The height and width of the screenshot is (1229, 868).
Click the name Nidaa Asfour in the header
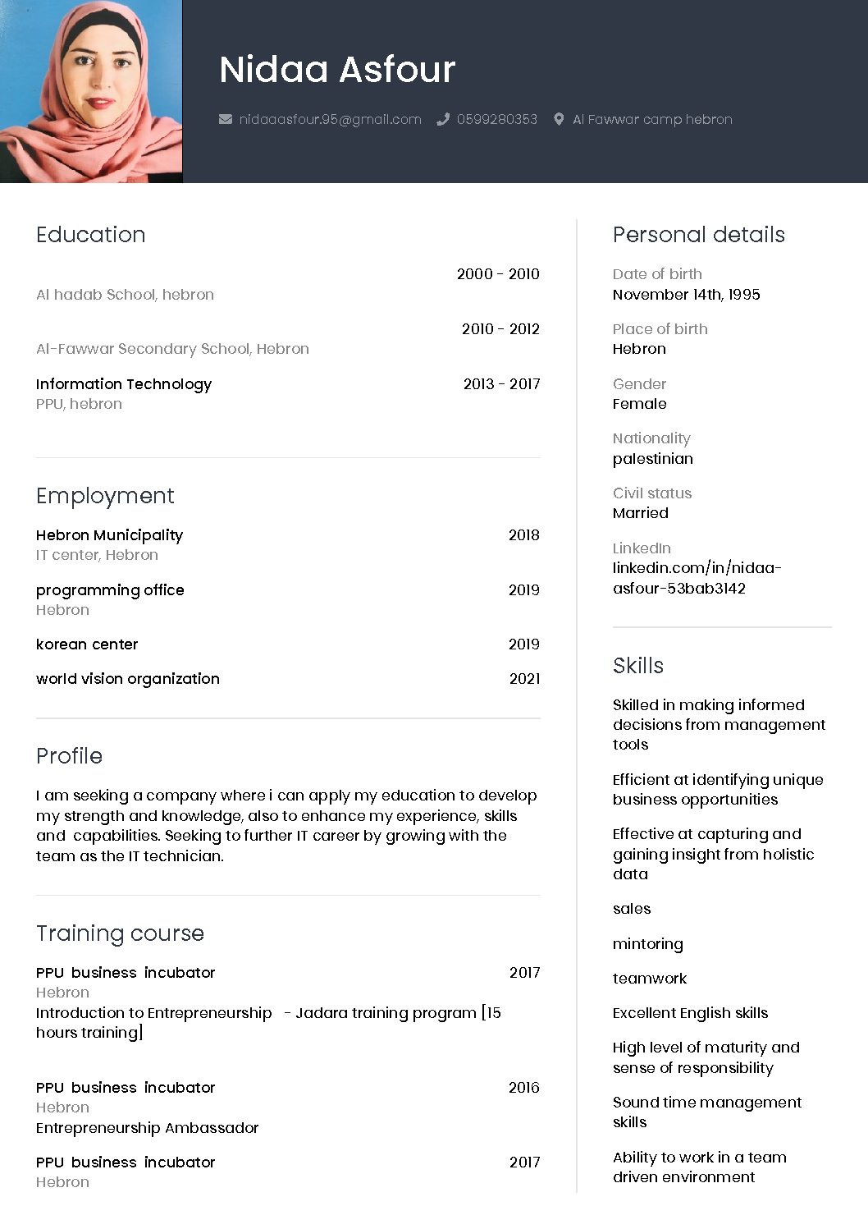coord(337,70)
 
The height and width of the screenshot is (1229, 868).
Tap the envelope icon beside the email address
coord(226,120)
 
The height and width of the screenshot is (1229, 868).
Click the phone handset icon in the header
coord(443,120)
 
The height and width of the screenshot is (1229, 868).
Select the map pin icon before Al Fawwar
coord(559,120)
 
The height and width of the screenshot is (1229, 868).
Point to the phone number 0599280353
coord(496,120)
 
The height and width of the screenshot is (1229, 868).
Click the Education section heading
coord(90,235)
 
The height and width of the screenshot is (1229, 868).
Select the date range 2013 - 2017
coord(501,384)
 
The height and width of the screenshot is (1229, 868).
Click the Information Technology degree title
coord(124,384)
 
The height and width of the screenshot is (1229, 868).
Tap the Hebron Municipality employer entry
coord(109,535)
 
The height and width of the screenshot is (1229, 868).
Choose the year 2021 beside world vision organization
coord(524,679)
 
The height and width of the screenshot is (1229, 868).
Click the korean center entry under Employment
coord(87,644)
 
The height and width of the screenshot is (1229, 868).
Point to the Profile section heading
coord(69,756)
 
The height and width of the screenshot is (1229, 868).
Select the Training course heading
coord(120,933)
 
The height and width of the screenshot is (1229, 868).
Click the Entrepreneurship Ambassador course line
coord(147,1128)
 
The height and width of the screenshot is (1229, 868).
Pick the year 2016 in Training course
coord(523,1088)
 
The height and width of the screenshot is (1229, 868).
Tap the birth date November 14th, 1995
coord(686,295)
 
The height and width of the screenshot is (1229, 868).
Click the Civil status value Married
coord(640,513)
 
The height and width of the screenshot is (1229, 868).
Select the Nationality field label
coord(651,438)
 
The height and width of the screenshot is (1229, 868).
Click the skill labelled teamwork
coord(649,979)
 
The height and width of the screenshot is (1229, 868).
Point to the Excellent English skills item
coord(690,1013)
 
